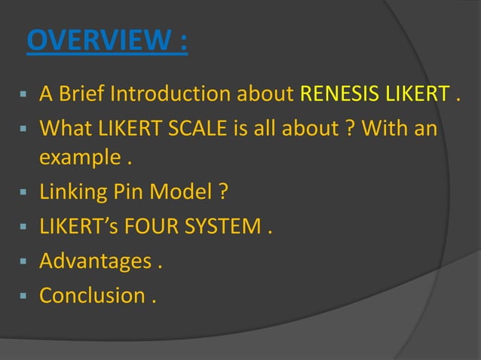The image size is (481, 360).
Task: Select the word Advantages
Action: point(95,261)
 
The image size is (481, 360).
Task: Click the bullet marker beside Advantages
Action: point(23,262)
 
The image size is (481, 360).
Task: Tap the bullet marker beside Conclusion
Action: point(23,295)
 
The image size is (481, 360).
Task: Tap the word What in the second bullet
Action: point(65,129)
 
